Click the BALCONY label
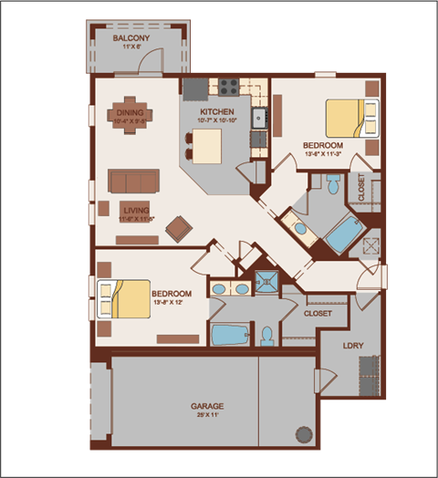coord(130,38)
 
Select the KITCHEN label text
coord(218,111)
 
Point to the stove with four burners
coord(227,88)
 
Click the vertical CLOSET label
coord(362,190)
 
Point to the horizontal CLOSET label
coord(318,314)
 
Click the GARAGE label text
coord(207,406)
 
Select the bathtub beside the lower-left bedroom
coord(232,334)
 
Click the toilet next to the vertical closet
coord(333,186)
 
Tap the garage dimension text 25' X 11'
coord(207,416)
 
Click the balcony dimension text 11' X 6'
coord(130,48)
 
